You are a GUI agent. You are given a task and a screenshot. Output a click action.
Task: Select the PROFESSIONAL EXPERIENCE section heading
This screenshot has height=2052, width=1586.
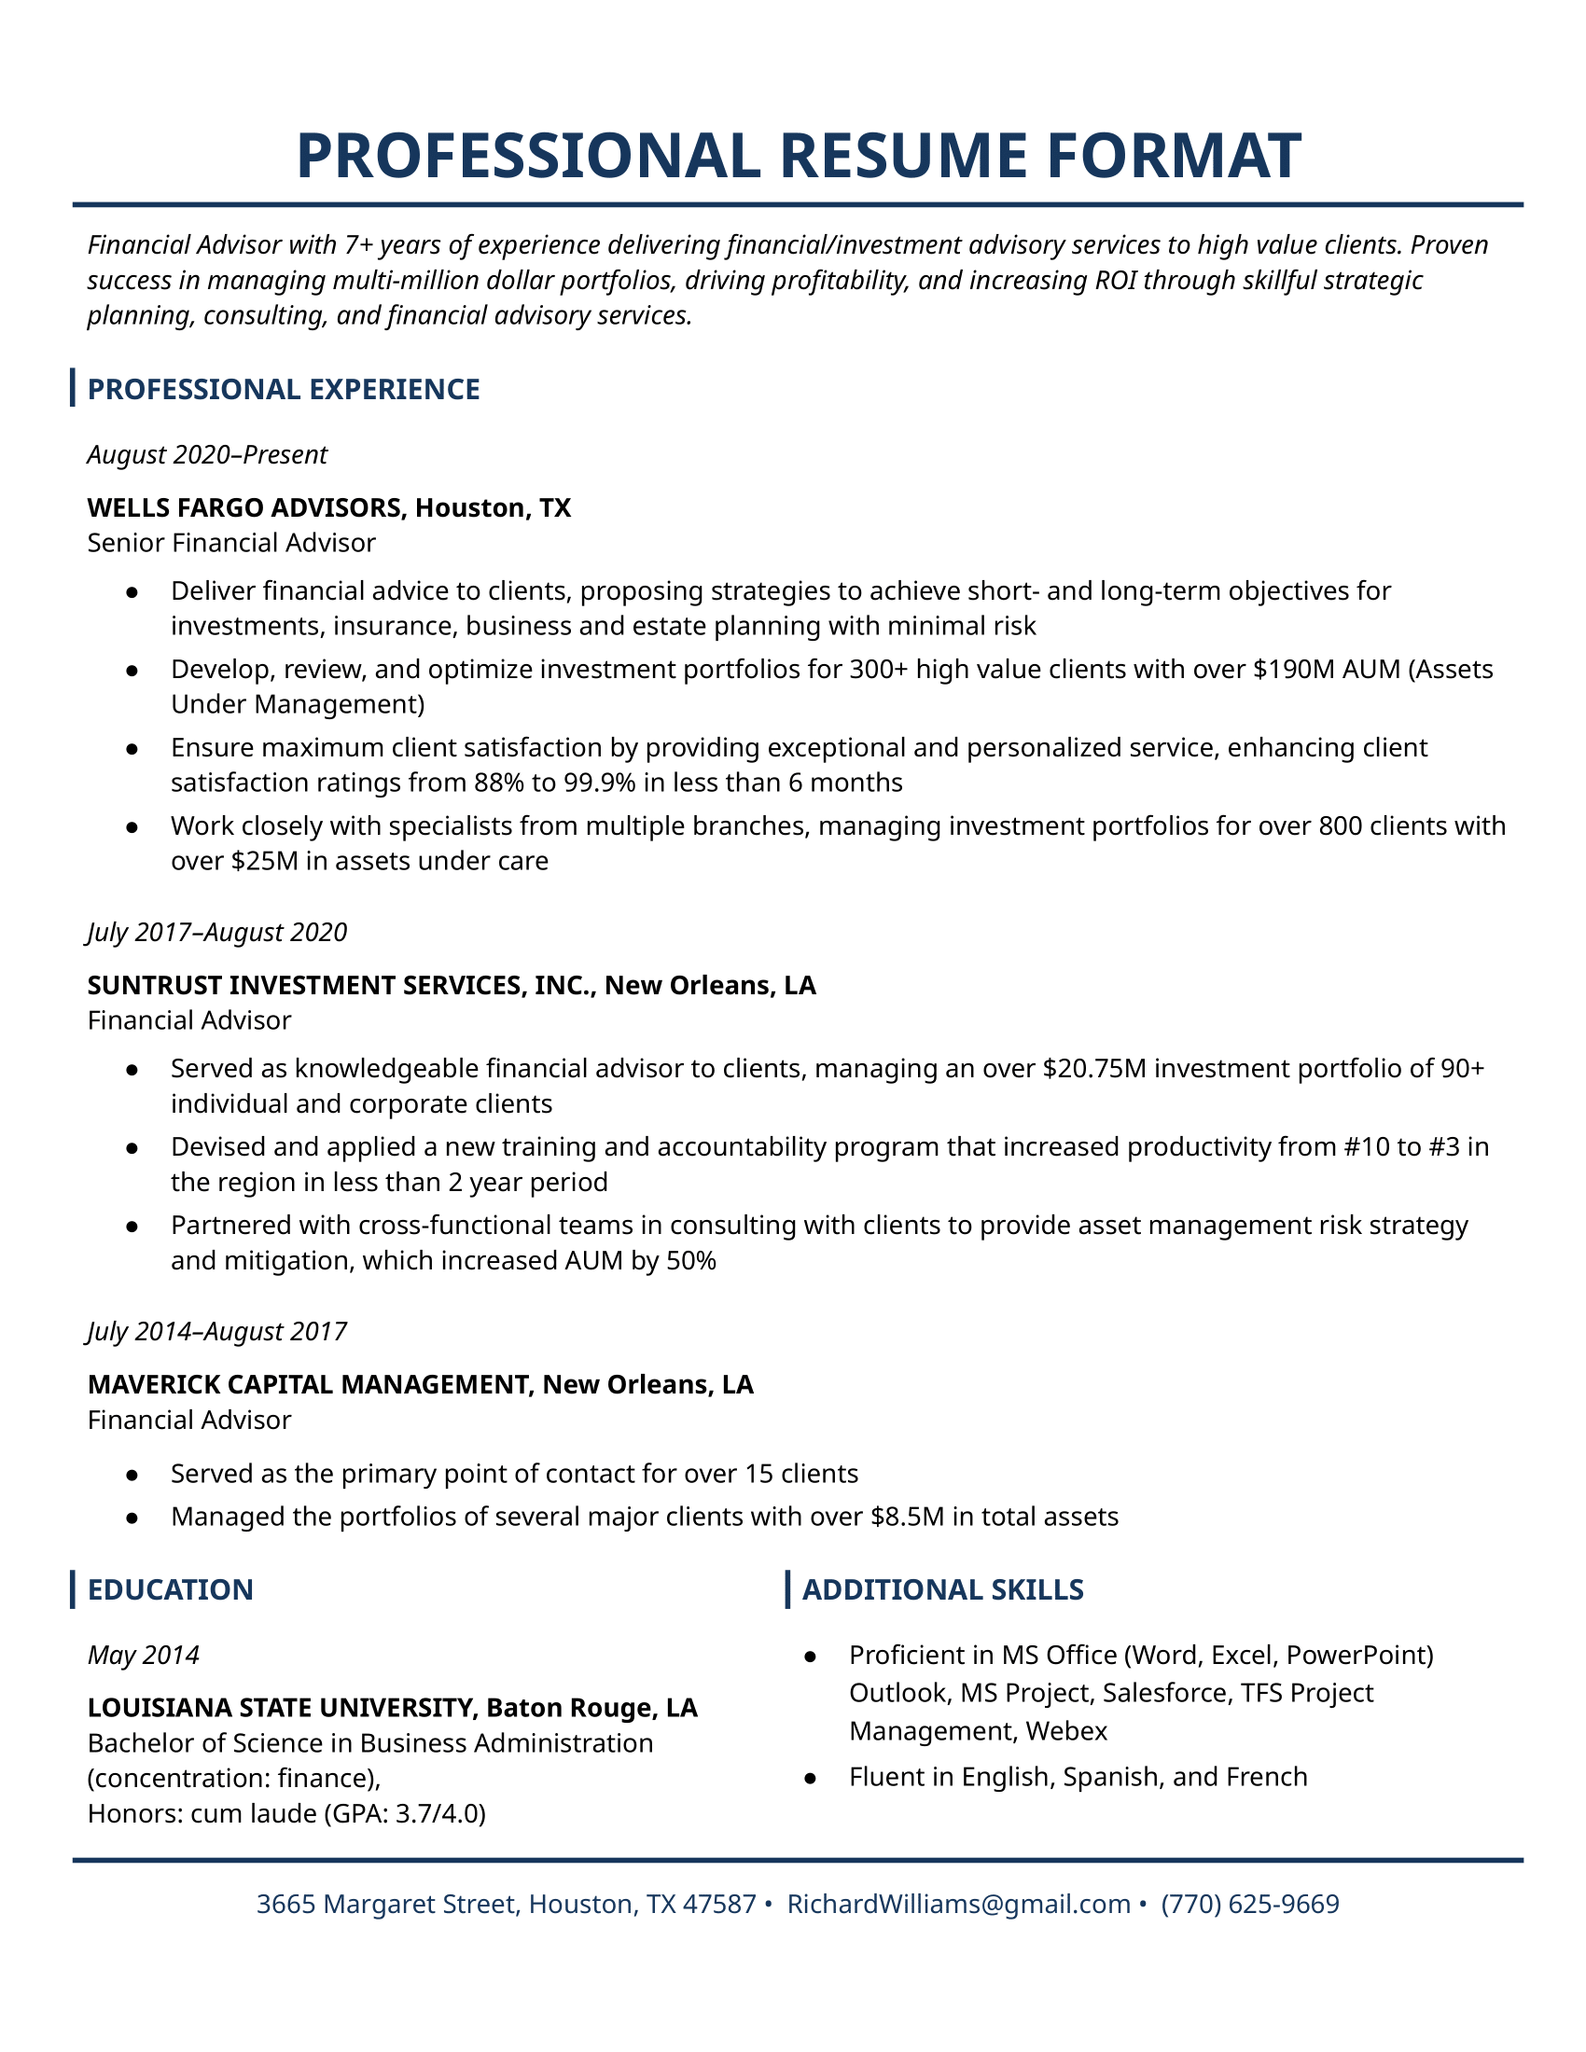[283, 389]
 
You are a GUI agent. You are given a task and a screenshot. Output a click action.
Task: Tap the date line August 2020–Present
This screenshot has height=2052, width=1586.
[207, 455]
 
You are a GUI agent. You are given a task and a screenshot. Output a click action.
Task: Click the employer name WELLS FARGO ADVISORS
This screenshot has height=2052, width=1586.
[244, 507]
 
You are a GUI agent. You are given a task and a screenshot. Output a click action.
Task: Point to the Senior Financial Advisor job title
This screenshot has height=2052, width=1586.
[231, 543]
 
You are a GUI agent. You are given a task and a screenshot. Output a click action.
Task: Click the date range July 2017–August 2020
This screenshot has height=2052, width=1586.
[217, 932]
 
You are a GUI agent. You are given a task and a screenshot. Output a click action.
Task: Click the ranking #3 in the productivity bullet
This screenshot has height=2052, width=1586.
[1443, 1146]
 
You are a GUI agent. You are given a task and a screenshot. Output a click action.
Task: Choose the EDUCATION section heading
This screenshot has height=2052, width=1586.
[170, 1588]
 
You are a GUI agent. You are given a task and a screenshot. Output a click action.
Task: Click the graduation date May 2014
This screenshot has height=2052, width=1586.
[143, 1655]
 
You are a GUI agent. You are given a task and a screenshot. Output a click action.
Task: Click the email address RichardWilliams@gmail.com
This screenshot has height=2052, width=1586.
[958, 1904]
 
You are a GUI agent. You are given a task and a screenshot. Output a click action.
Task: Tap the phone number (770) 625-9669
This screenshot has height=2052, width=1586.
[1249, 1904]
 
